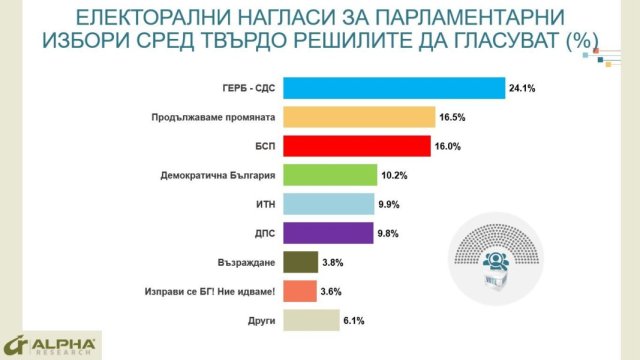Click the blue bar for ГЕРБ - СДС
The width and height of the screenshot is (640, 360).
click(x=394, y=88)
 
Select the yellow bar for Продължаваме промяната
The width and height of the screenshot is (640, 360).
click(x=359, y=117)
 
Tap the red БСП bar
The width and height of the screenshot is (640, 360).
click(x=357, y=146)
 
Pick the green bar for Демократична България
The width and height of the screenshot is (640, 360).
click(x=330, y=175)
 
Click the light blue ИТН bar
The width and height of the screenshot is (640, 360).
click(x=329, y=204)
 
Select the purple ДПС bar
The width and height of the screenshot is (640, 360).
click(x=328, y=233)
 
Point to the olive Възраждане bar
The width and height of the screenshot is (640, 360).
click(x=301, y=262)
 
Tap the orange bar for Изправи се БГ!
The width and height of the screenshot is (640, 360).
click(x=300, y=291)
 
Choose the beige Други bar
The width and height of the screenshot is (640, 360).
click(x=311, y=320)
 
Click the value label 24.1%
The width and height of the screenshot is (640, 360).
click(x=522, y=89)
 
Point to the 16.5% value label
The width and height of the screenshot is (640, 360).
click(x=452, y=118)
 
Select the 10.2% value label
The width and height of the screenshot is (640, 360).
click(x=393, y=176)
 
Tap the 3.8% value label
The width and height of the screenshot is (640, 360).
click(x=332, y=263)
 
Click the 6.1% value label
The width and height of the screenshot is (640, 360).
click(x=354, y=321)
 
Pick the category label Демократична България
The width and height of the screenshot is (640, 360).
click(x=216, y=176)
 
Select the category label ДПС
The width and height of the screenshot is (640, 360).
click(x=263, y=234)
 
